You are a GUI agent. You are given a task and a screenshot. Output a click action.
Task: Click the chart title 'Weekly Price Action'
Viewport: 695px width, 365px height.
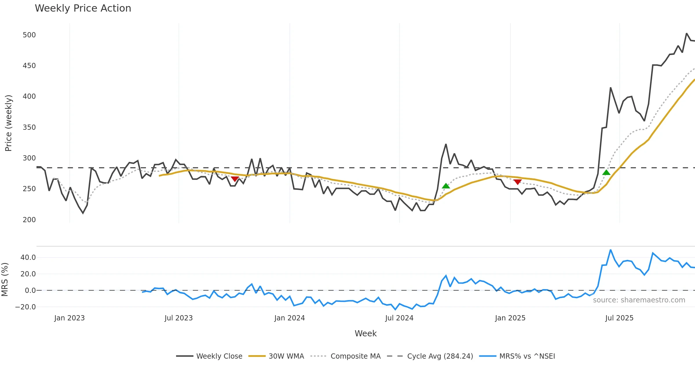click(x=83, y=8)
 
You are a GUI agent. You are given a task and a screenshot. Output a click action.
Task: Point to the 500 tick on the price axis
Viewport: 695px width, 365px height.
click(x=29, y=35)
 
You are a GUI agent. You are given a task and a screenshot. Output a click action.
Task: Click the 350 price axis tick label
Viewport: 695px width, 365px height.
click(x=29, y=127)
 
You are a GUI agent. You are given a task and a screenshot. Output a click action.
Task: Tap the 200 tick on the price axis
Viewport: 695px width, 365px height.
click(x=29, y=220)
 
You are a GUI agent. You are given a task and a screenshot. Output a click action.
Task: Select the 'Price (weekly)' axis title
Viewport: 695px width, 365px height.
click(x=8, y=123)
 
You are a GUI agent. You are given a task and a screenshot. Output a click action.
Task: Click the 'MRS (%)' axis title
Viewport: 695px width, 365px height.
click(x=5, y=280)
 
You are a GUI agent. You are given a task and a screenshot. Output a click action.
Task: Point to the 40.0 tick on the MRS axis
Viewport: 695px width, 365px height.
click(x=28, y=258)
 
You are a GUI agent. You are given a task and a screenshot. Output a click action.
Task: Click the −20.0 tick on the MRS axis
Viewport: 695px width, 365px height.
click(x=26, y=307)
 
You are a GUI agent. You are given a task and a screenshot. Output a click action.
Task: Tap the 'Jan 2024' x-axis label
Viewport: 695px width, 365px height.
click(x=290, y=318)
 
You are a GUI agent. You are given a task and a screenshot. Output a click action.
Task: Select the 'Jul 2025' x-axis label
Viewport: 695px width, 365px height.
click(x=619, y=318)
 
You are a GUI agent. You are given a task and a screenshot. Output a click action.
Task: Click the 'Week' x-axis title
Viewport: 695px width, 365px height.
click(x=365, y=334)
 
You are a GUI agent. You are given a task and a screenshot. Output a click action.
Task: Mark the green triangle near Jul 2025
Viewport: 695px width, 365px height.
click(x=606, y=173)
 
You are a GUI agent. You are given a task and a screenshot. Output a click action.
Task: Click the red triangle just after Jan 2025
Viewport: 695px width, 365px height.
click(x=517, y=182)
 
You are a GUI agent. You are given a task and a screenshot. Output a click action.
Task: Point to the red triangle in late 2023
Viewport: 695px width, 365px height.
click(x=235, y=179)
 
